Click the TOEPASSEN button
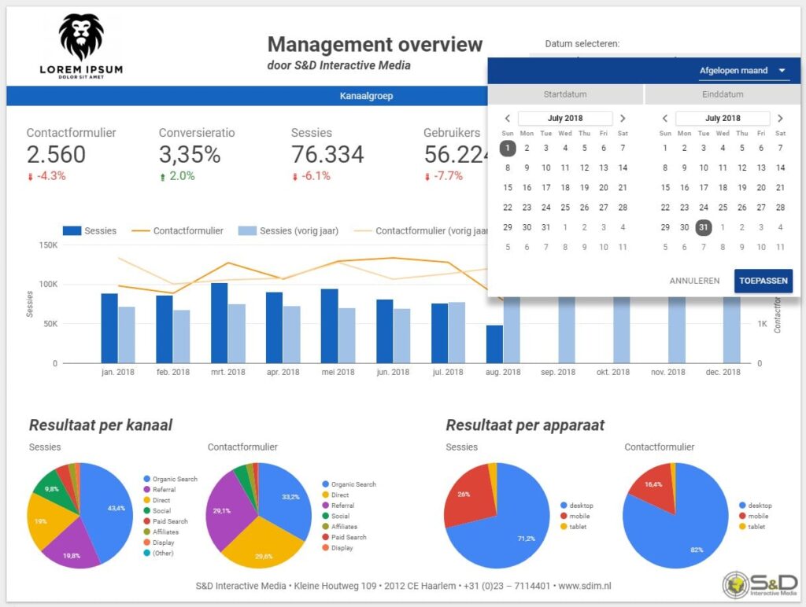click(x=763, y=281)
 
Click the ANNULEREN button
click(x=694, y=281)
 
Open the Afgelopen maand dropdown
click(x=743, y=71)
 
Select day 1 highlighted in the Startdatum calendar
click(x=508, y=148)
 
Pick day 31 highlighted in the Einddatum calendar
click(x=704, y=227)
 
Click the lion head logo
click(x=81, y=37)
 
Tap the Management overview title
click(x=375, y=44)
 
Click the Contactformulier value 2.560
click(x=56, y=154)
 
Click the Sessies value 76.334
click(x=327, y=154)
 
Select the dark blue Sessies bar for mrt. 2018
click(x=219, y=323)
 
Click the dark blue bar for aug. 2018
click(x=494, y=344)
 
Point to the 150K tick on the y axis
click(x=46, y=245)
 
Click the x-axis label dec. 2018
click(x=722, y=372)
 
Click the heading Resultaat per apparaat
click(x=525, y=425)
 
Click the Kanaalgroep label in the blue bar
click(x=366, y=96)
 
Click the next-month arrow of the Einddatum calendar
click(x=780, y=119)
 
